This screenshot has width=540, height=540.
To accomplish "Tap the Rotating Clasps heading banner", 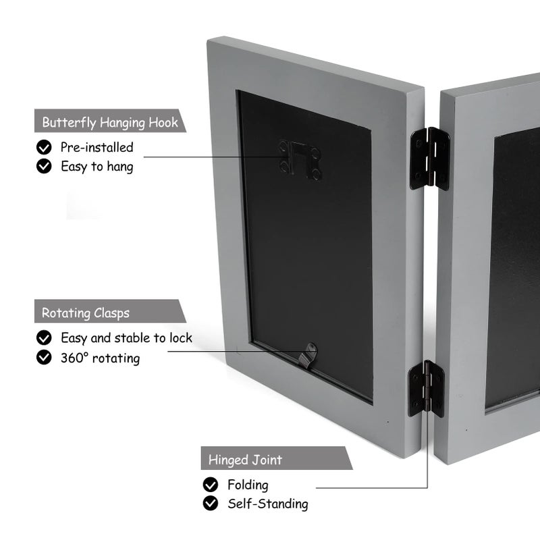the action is tap(110, 311).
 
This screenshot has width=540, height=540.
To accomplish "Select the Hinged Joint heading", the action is tap(277, 458).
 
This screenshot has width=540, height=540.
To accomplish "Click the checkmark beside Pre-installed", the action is tap(44, 147).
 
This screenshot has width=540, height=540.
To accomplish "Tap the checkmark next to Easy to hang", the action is tap(44, 166).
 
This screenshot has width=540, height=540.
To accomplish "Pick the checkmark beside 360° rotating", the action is tap(44, 357).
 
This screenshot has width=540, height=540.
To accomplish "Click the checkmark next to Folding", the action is tap(211, 485).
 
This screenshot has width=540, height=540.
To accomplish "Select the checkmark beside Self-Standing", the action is tap(211, 504).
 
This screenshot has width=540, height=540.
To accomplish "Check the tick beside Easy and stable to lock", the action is tap(44, 337).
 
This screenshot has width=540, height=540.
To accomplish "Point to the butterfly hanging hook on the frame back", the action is tap(300, 160).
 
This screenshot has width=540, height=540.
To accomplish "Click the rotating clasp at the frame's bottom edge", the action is tap(308, 356).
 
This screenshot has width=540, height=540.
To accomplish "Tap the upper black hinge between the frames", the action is tap(429, 159).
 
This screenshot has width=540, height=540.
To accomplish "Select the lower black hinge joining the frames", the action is tap(426, 389).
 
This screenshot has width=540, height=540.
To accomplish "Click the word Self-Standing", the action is tap(268, 504).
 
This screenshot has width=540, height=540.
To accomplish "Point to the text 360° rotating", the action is tap(100, 358).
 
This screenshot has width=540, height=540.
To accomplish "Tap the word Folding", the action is tap(248, 485).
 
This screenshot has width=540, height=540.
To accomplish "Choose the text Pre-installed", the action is tap(97, 147).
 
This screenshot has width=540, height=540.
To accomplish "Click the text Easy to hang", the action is tap(97, 167).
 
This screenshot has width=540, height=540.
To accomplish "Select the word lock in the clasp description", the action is tap(181, 338).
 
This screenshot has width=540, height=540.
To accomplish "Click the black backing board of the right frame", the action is tap(512, 269).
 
